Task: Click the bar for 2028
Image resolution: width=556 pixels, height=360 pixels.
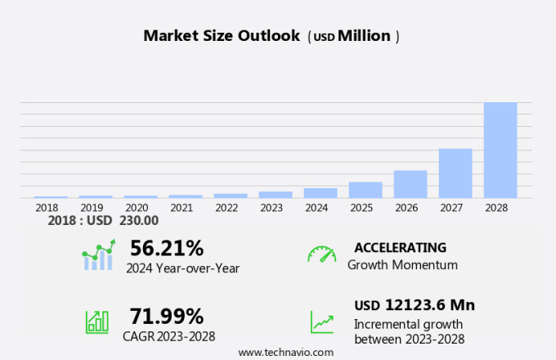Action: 500,150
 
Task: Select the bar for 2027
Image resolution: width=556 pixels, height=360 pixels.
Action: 455,173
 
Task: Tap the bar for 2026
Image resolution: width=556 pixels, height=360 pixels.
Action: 410,184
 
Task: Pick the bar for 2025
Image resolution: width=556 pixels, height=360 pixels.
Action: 365,190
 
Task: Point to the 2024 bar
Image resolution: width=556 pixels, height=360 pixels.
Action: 321,193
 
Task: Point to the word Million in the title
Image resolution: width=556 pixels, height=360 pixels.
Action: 364,36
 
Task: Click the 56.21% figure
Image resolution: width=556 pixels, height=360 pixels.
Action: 167,247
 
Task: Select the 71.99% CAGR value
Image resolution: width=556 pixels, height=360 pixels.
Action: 167,316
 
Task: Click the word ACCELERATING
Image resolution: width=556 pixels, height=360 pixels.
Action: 401,247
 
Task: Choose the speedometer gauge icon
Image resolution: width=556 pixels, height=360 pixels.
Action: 321,254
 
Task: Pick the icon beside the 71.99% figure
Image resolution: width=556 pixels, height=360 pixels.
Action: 97,321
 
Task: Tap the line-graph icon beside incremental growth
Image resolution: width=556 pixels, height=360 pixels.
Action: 321,322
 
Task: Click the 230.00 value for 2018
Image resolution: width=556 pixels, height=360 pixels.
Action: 140,220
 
